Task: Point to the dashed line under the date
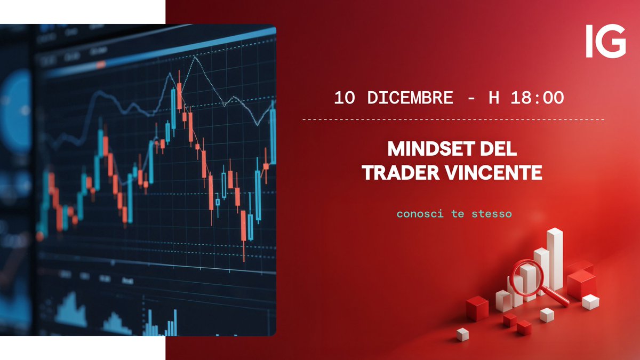coord(453,120)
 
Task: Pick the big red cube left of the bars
coord(477,308)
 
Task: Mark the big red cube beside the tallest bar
coord(581,283)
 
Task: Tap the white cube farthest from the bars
coord(462,334)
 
